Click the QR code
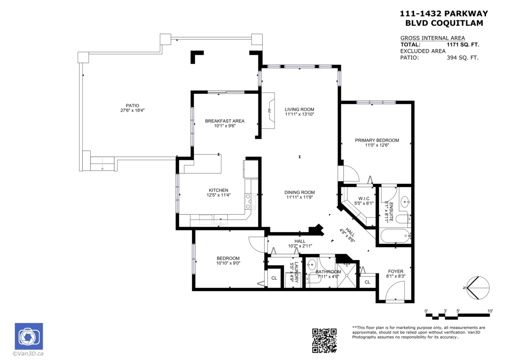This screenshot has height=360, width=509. point(324,340)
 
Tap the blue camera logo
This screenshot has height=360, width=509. point(29,337)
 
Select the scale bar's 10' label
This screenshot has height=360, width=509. point(490,311)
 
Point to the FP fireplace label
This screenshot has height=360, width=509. point(269,110)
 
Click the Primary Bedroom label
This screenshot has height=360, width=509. point(377,140)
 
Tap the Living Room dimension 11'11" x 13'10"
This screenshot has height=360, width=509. point(299,114)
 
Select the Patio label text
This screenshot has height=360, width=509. point(132,106)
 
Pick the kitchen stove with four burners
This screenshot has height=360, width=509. point(250,202)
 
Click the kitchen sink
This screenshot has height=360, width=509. point(221,220)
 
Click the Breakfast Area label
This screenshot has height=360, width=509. point(224,121)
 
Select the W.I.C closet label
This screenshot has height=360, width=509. point(364,198)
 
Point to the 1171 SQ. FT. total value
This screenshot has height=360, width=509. point(463,44)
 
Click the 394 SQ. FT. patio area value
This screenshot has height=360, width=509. point(462,58)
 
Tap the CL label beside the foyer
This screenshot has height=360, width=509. point(367,282)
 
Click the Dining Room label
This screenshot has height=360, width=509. point(299,192)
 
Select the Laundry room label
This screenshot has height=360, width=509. point(296,272)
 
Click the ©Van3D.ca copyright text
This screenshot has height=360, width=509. point(28,353)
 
